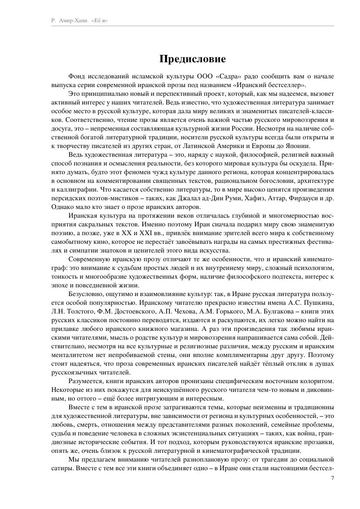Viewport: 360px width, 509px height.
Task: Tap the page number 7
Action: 333,478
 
